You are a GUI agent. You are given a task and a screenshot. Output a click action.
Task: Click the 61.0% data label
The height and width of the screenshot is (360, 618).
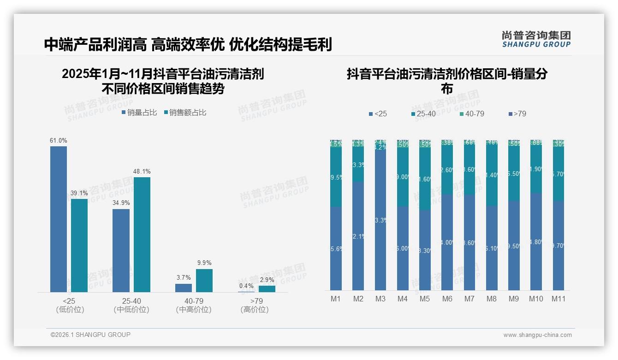(59, 140)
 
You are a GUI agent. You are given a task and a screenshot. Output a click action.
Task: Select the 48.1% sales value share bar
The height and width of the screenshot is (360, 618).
(142, 234)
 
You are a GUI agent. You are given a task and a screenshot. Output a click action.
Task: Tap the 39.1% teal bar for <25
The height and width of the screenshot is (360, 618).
(79, 245)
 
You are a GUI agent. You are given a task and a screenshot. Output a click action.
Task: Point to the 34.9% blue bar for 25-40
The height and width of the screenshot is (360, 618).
(121, 250)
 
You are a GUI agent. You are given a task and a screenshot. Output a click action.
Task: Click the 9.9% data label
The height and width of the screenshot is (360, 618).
(204, 263)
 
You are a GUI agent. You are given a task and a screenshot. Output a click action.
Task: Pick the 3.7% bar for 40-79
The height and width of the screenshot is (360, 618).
(184, 288)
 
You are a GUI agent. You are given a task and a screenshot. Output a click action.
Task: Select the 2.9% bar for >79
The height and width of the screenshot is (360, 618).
(267, 288)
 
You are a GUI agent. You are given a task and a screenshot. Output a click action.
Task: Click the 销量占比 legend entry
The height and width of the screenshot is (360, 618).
(139, 113)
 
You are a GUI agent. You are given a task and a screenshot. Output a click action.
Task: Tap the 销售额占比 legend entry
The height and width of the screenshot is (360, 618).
(185, 113)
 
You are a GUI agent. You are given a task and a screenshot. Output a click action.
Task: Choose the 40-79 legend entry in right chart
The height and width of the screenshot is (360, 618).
(472, 114)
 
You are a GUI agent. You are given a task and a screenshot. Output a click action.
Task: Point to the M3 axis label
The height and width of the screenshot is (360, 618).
(380, 299)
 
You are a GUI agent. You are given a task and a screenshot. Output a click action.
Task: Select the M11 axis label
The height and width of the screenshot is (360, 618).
(559, 299)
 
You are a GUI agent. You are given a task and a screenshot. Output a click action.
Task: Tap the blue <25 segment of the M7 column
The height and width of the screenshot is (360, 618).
(469, 242)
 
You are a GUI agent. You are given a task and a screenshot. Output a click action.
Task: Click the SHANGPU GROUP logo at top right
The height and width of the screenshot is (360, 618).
(536, 39)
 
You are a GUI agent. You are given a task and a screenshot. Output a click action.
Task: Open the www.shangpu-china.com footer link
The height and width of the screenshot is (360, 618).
(537, 335)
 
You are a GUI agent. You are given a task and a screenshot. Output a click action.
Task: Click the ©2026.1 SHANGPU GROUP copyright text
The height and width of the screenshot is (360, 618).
(90, 335)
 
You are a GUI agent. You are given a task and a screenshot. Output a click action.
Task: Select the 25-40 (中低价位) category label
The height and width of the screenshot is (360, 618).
(131, 305)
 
